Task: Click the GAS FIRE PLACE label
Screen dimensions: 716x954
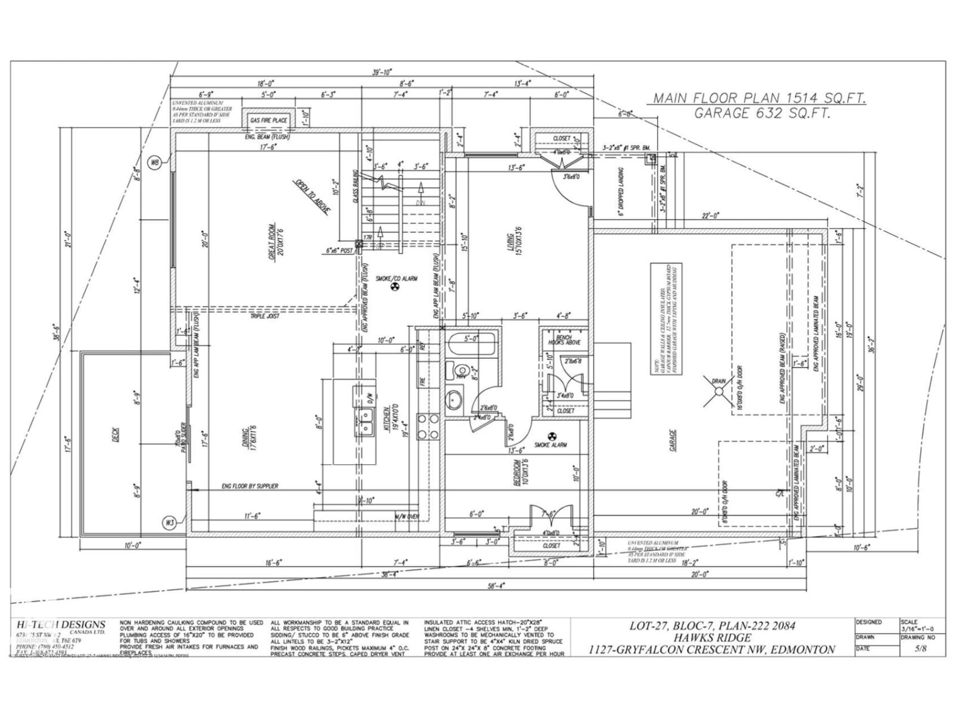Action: pos(268,120)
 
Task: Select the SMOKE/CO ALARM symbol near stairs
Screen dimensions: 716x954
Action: pos(393,287)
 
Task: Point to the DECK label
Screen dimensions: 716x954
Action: pos(117,435)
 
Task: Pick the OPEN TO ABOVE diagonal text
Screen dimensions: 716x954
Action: pos(313,196)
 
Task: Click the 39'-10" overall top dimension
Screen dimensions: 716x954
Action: pos(382,72)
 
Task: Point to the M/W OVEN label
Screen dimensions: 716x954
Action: pos(406,516)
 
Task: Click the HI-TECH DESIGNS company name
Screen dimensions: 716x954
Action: pos(60,625)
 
